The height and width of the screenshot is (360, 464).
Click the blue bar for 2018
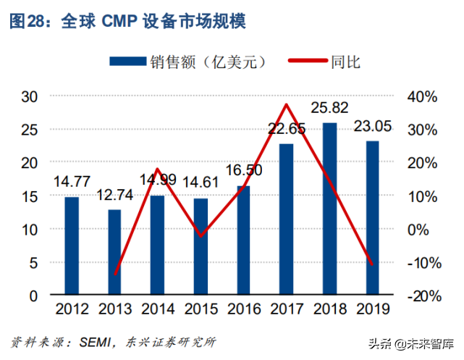pyautogui.click(x=329, y=209)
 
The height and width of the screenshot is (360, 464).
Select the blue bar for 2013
pyautogui.click(x=114, y=253)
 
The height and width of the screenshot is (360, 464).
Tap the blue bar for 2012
pyautogui.click(x=72, y=246)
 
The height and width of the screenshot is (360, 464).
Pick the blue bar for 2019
pyautogui.click(x=372, y=218)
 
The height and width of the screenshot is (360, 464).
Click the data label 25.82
pyautogui.click(x=329, y=108)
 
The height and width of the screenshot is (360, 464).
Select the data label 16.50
pyautogui.click(x=244, y=171)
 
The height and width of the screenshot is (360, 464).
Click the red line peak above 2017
pyautogui.click(x=287, y=105)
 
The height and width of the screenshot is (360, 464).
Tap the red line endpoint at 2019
pyautogui.click(x=372, y=264)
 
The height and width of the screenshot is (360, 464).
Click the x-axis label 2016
pyautogui.click(x=244, y=309)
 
